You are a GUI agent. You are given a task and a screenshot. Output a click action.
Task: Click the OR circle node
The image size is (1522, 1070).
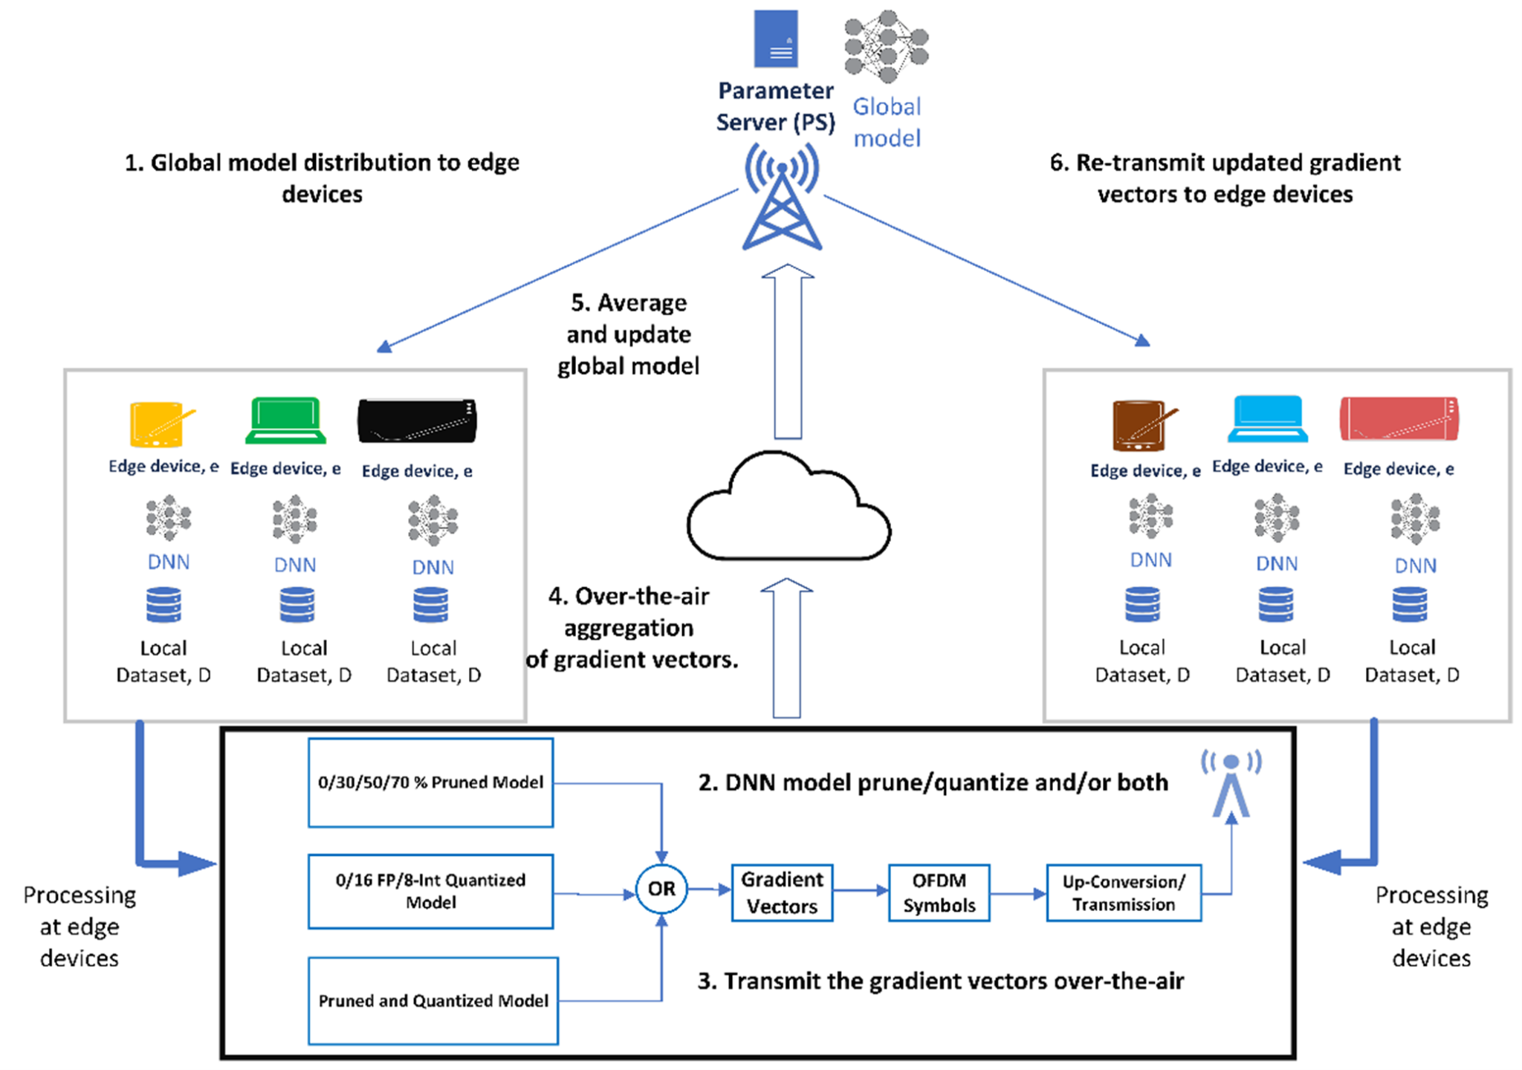(x=661, y=889)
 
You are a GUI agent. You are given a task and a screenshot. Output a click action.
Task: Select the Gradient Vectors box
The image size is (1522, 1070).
(x=782, y=892)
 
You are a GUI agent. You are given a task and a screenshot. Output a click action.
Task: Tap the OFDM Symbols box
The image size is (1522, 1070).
(x=939, y=892)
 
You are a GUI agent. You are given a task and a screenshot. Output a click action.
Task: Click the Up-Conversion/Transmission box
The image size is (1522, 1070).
(x=1123, y=892)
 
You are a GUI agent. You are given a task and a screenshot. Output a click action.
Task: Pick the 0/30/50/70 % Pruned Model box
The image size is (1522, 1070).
(x=430, y=782)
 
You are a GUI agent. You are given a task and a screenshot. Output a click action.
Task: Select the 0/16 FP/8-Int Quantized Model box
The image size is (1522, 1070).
(x=430, y=891)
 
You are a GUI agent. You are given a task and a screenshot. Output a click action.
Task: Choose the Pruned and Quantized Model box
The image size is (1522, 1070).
(x=433, y=1000)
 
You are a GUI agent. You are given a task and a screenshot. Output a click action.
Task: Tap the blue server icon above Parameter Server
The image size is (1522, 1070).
(x=776, y=39)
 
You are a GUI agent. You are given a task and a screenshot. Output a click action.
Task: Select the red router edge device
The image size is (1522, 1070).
(x=1399, y=419)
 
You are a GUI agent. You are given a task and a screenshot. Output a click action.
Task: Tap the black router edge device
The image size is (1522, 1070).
(x=417, y=421)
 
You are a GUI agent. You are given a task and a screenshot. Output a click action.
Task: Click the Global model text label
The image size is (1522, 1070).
(x=887, y=122)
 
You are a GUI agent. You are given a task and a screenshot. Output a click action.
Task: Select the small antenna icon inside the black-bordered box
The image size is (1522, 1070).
(x=1231, y=785)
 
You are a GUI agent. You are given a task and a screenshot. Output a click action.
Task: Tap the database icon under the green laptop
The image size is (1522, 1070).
(x=297, y=605)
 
